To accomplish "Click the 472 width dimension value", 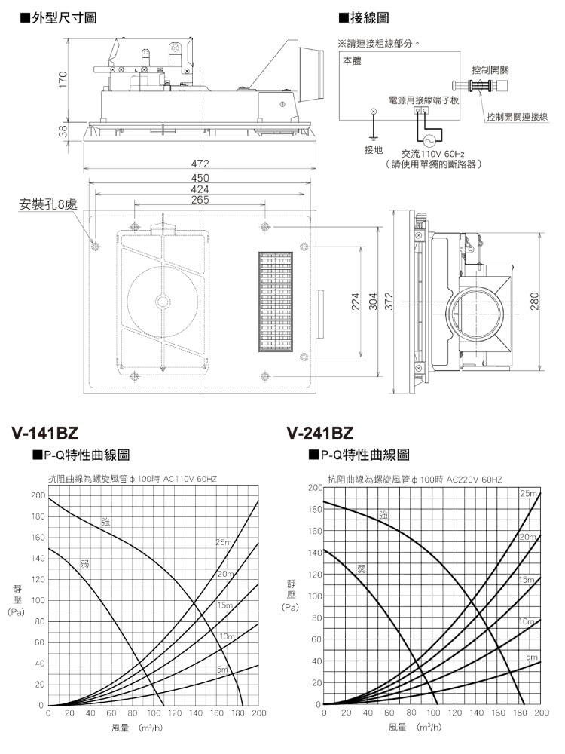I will coord(200,164).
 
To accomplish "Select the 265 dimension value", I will coord(200,201).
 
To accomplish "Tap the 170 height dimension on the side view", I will coord(64,78).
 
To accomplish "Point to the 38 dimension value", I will coord(64,130).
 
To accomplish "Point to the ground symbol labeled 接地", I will coord(373,113).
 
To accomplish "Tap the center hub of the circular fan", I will coord(163,302).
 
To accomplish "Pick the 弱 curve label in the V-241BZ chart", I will coord(362,569).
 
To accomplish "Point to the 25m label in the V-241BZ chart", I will coord(527,493).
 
